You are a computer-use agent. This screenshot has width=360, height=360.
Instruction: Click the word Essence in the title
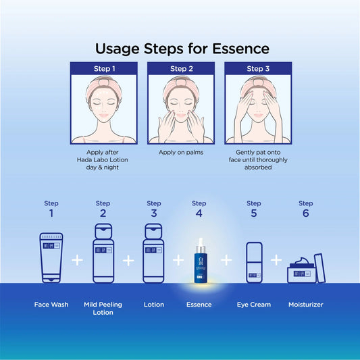(x=240, y=49)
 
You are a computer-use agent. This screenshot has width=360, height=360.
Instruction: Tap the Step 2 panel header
(x=181, y=68)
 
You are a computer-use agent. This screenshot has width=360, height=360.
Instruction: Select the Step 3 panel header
(x=258, y=68)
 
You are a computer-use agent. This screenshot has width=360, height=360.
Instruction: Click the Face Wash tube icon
(x=51, y=257)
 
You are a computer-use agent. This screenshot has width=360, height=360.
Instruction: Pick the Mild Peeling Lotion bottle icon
(x=103, y=253)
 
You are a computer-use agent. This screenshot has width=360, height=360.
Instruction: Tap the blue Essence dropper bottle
(x=201, y=261)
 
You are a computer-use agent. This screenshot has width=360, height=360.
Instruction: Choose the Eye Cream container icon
(x=254, y=263)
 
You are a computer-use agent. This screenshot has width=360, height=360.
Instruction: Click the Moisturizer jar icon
(x=301, y=270)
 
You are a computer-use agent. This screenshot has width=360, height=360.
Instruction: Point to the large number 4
(x=199, y=213)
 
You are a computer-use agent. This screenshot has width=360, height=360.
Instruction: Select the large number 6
(x=305, y=213)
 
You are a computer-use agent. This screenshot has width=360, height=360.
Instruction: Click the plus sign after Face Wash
(x=78, y=260)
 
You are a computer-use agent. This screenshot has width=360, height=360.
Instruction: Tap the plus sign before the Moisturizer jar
(x=276, y=260)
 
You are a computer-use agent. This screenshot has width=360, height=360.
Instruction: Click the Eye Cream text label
(x=254, y=305)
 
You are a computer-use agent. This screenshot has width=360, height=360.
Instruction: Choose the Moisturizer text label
(x=305, y=305)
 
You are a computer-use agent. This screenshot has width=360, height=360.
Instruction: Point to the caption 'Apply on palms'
(x=181, y=153)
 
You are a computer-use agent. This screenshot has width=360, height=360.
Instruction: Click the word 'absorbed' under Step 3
(x=258, y=168)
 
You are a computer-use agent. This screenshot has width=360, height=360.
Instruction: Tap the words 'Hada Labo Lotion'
(x=103, y=160)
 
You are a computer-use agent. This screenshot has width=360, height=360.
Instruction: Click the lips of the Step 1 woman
(x=104, y=115)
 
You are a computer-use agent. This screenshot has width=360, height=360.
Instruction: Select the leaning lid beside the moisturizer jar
(x=319, y=268)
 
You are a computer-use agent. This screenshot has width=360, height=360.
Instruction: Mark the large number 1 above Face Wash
(x=51, y=213)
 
